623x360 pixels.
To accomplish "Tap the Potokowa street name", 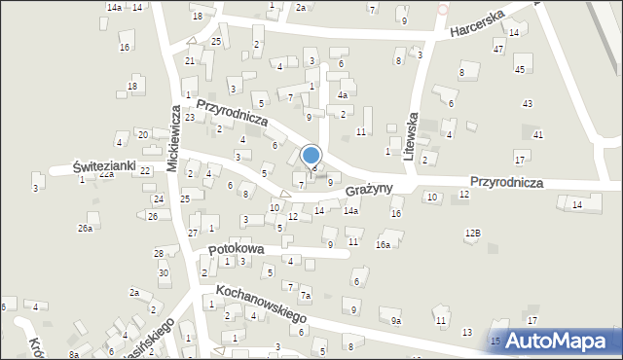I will (237, 250).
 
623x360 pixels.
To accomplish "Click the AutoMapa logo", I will (555, 340).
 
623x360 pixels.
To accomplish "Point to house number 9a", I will (395, 320).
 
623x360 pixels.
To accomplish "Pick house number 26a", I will (85, 228).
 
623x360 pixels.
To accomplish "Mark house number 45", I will (520, 69).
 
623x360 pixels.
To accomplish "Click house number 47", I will (498, 48).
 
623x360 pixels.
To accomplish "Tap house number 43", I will (527, 103).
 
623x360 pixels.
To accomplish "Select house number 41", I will (537, 133).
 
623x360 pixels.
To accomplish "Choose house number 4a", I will (342, 95).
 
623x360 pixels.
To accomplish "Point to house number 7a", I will (305, 295).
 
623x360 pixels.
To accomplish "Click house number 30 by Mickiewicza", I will (164, 272).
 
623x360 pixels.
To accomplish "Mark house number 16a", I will (384, 245).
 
